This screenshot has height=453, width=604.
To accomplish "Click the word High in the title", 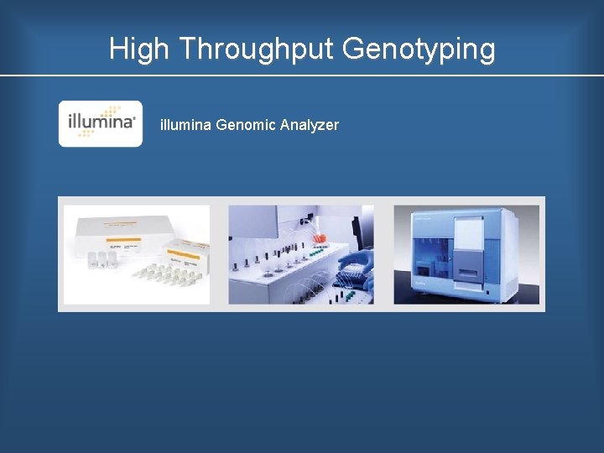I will [139, 49].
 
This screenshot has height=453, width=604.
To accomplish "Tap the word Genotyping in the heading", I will [419, 49].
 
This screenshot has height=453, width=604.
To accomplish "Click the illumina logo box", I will [101, 123].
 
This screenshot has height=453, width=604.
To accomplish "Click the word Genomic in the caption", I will [246, 125].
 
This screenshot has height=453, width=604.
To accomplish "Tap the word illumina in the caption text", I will [185, 125].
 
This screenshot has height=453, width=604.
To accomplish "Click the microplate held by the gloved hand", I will [348, 273].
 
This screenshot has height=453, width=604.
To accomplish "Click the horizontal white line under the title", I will [302, 76].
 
